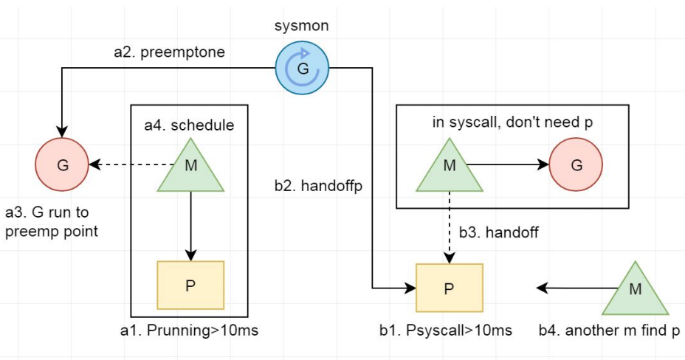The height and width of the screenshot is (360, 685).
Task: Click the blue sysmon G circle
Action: (303, 68)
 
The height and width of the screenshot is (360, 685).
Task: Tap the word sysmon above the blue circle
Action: (303, 27)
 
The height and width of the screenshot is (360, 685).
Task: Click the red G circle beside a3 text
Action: (62, 165)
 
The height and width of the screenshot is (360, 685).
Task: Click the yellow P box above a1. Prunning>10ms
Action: (190, 285)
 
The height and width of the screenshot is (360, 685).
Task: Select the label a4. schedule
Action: (189, 125)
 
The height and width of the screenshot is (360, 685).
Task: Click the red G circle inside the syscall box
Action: (576, 164)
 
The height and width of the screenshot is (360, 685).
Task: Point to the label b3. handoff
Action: (499, 232)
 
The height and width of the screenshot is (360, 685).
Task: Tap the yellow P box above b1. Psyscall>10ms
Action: (450, 288)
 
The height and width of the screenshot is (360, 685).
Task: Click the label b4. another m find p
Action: (619, 330)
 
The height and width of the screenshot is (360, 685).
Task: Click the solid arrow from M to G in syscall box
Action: (509, 164)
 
